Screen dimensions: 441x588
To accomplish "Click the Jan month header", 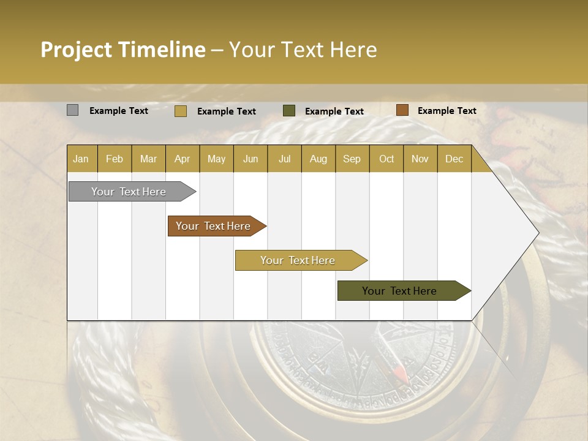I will [x=81, y=159].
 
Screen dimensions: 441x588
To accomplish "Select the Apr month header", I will [x=183, y=159].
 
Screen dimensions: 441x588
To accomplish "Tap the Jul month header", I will [x=284, y=159].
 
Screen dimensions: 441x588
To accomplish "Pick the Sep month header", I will [x=352, y=159].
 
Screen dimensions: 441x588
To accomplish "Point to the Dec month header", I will [x=454, y=159].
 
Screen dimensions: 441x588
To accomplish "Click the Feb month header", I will [x=115, y=159].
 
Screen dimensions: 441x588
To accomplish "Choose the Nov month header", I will [x=420, y=159].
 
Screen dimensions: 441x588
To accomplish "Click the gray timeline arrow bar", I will [x=129, y=192].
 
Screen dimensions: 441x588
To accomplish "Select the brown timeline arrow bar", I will [x=214, y=226].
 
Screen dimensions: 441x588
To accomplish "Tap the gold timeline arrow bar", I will [x=298, y=260].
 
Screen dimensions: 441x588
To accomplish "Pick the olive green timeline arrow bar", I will [x=400, y=291].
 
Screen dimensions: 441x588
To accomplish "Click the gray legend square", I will [x=72, y=110].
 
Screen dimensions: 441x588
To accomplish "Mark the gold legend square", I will [x=180, y=111].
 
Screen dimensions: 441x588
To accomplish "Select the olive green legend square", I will [x=289, y=111].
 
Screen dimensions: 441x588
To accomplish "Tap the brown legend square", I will [x=402, y=110].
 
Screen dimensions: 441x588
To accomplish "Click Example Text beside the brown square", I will [x=447, y=111].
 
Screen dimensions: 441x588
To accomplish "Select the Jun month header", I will [x=251, y=159].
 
